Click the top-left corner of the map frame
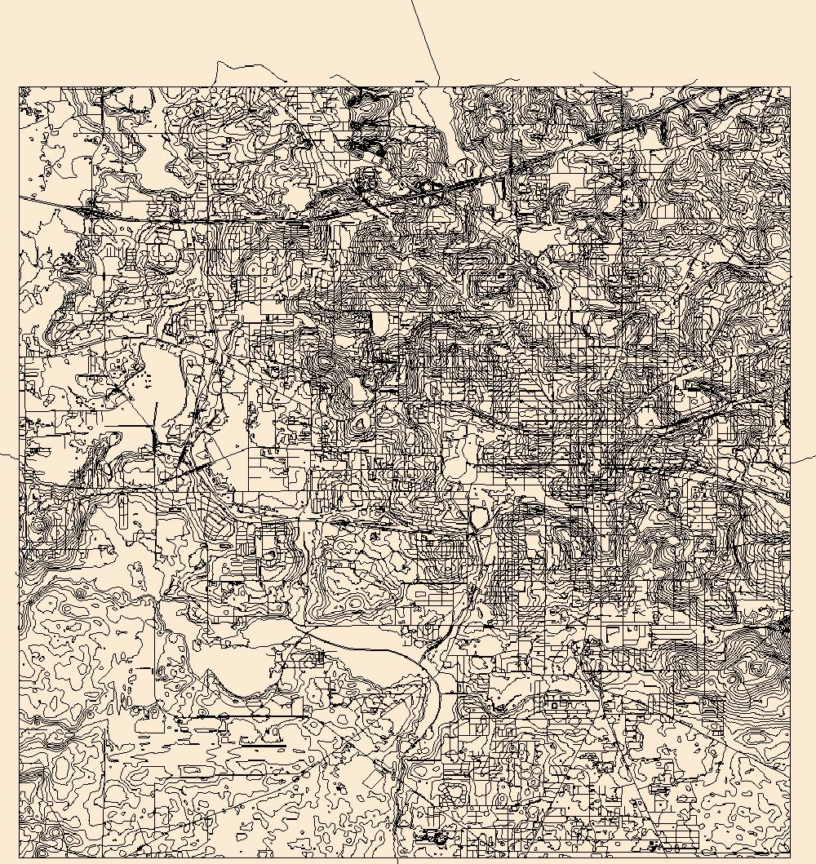[20, 86]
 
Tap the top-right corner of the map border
[790, 86]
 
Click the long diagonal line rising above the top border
[425, 41]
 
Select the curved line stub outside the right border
[802, 461]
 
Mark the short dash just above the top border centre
[420, 81]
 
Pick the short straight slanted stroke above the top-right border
[605, 78]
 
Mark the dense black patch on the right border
[786, 625]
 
